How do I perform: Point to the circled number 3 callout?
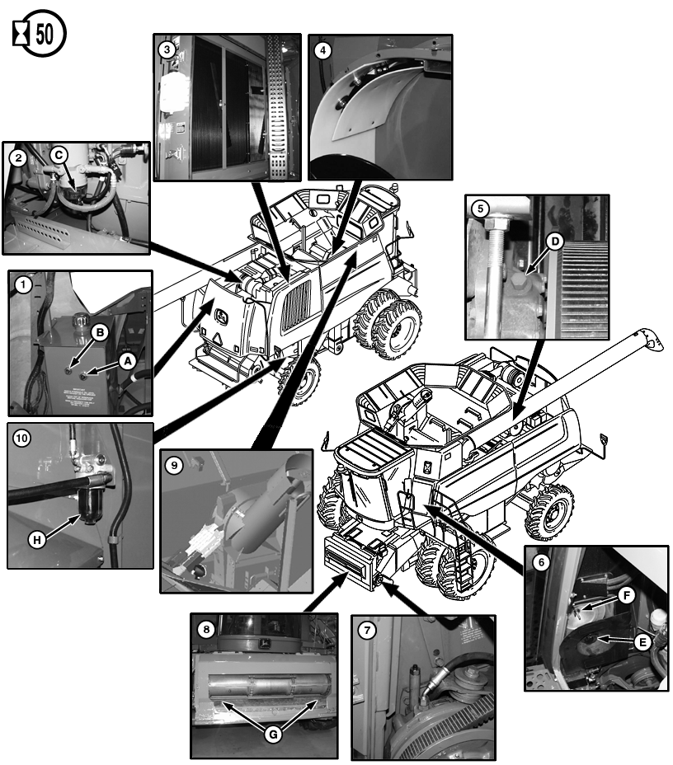(167, 49)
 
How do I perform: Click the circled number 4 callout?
(322, 49)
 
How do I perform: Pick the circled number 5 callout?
(479, 209)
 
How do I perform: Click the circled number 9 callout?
(173, 465)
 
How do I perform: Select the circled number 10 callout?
(21, 439)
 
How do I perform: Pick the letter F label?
(626, 592)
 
